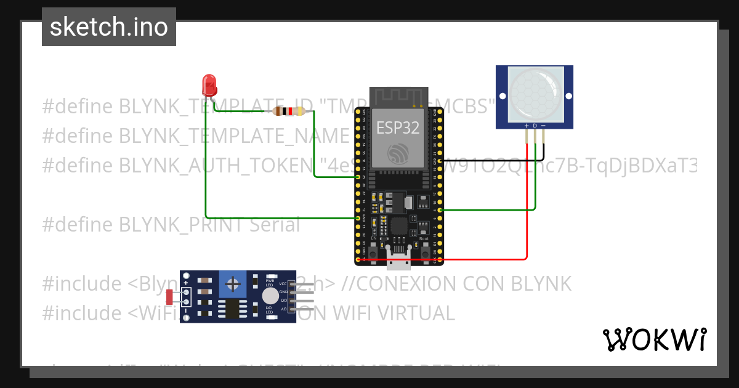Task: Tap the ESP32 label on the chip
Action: click(398, 127)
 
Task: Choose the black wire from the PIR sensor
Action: click(542, 151)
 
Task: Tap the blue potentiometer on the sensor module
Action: click(233, 284)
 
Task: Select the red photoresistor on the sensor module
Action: click(169, 297)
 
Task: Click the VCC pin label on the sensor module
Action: click(283, 284)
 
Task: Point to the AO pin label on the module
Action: click(283, 309)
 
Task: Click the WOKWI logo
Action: click(654, 339)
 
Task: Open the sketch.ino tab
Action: click(109, 27)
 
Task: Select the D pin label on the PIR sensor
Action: click(535, 126)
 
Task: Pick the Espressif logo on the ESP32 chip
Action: click(398, 153)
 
